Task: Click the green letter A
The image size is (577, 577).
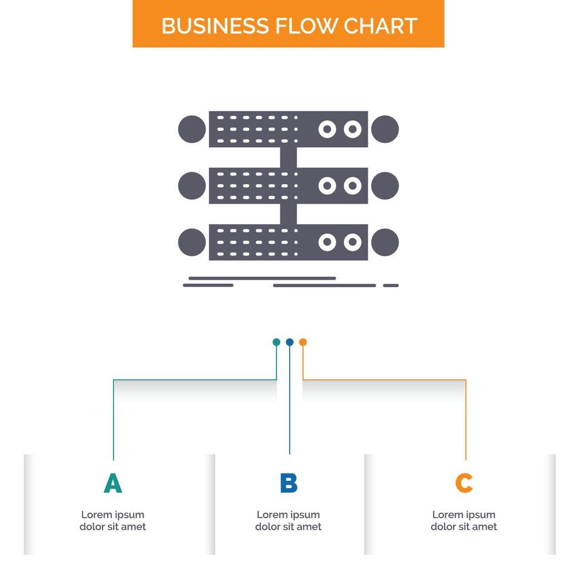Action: pos(112,483)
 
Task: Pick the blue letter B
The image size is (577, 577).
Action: pos(288,483)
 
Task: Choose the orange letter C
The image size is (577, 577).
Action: pos(464,483)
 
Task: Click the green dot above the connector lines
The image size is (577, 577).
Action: pos(276,342)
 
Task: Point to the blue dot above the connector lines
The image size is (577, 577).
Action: pos(289,342)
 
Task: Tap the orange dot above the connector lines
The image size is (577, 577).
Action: pos(303,342)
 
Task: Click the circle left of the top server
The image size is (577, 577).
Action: pos(192,129)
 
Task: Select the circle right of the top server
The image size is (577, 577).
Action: pos(385,129)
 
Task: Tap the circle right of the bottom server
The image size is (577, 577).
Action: pos(385,242)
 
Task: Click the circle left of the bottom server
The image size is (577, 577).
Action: pos(192,242)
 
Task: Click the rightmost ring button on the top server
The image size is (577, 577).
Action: pos(352,129)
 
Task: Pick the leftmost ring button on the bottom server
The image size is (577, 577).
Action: pos(327,242)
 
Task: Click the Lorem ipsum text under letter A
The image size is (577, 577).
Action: pos(112,520)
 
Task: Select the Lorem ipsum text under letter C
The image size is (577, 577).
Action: pos(464,520)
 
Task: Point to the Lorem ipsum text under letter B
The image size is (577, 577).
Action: pos(288,520)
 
